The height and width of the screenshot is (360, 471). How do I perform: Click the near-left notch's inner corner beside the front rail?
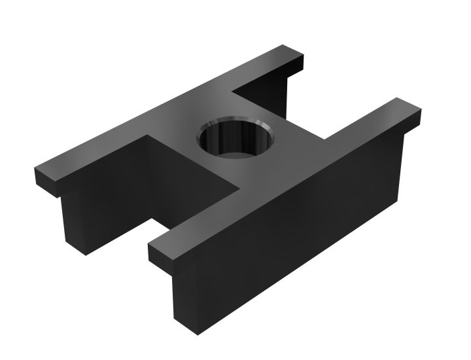[x=238, y=190]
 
